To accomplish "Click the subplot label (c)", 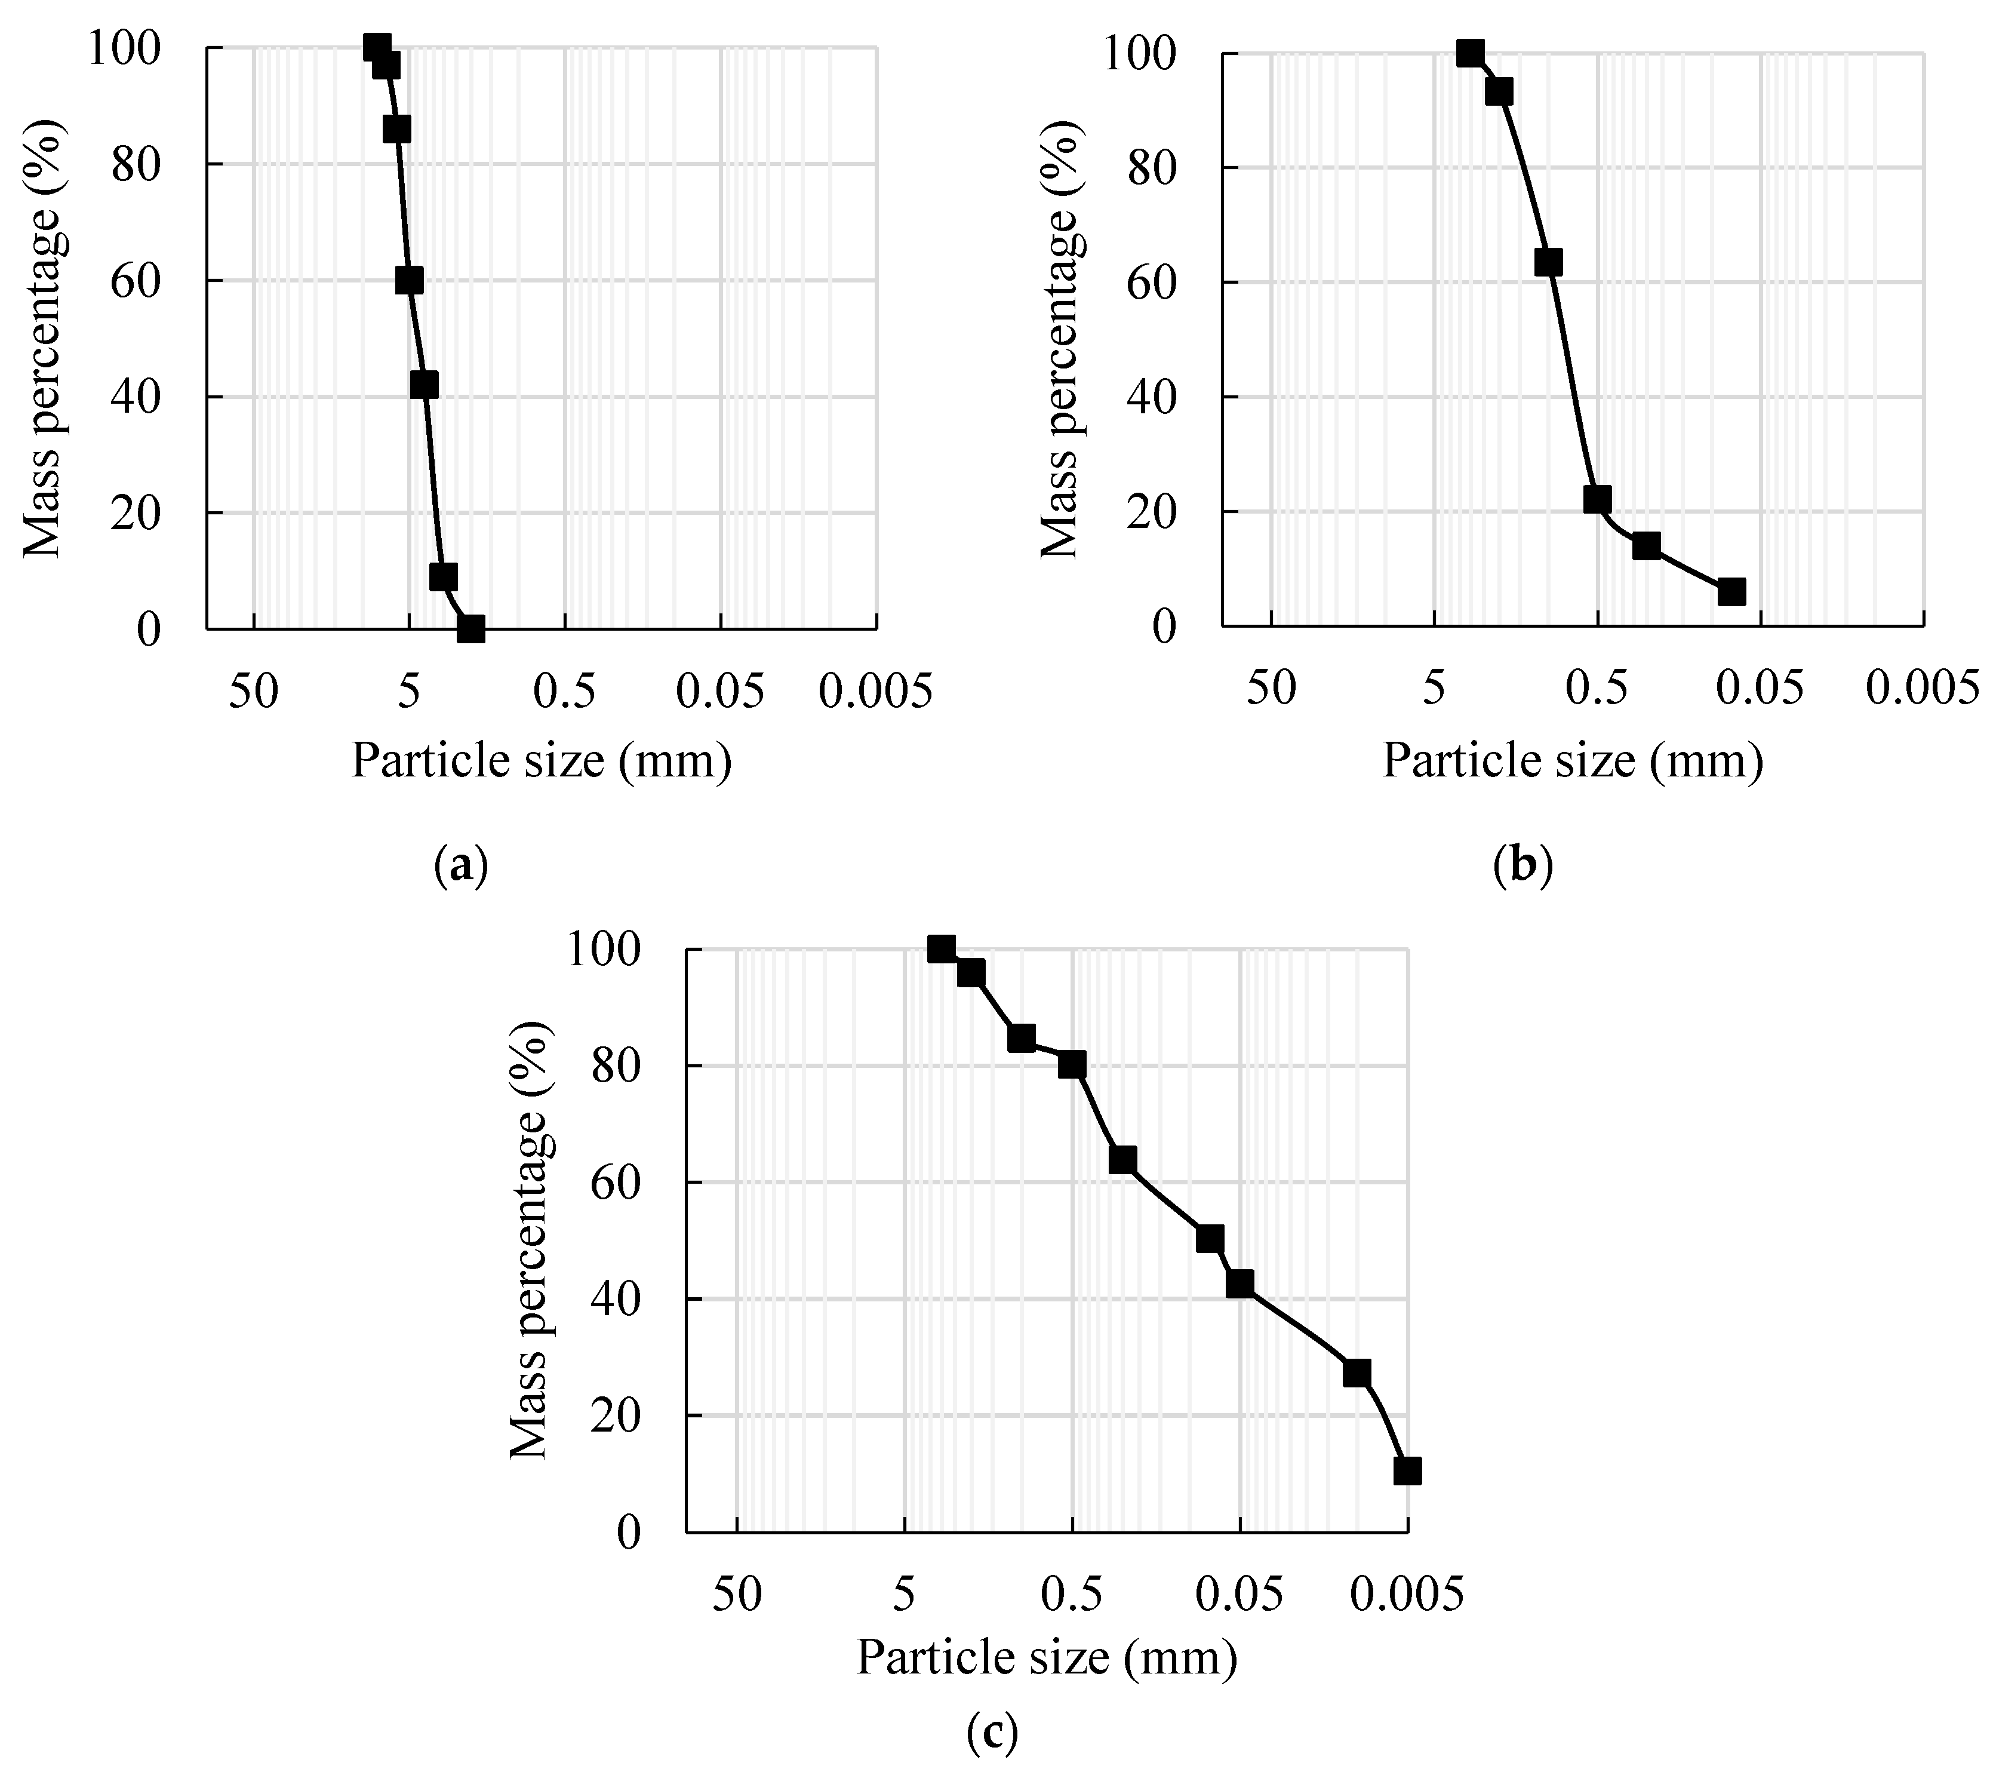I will click(992, 1732).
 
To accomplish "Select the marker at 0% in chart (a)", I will click(471, 629).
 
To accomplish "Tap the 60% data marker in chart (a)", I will click(410, 281).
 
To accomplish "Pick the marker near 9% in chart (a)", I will click(444, 578).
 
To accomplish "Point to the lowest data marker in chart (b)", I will click(1731, 592).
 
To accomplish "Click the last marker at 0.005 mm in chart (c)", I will click(1407, 1472).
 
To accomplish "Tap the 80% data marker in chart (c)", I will click(1072, 1065).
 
